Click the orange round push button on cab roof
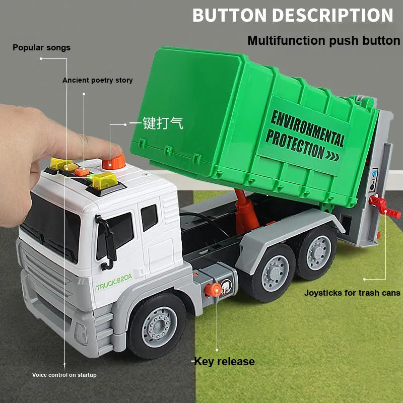pos(114,162)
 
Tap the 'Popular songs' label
pos(41,47)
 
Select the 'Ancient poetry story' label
pos(98,80)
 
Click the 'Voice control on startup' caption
pos(64,375)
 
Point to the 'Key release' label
pos(224,361)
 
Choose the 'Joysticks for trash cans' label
pos(352,293)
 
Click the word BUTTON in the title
pos(230,15)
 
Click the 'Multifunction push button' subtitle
pos(324,41)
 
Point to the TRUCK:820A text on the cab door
pos(114,282)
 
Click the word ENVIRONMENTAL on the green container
pos(308,128)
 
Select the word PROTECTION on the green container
pos(296,144)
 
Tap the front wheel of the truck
pos(157,326)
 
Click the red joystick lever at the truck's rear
pos(384,207)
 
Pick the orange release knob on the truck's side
pos(213,290)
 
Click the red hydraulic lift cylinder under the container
pos(246,211)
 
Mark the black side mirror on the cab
pos(107,242)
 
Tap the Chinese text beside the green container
pos(156,123)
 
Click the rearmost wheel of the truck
pos(317,253)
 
